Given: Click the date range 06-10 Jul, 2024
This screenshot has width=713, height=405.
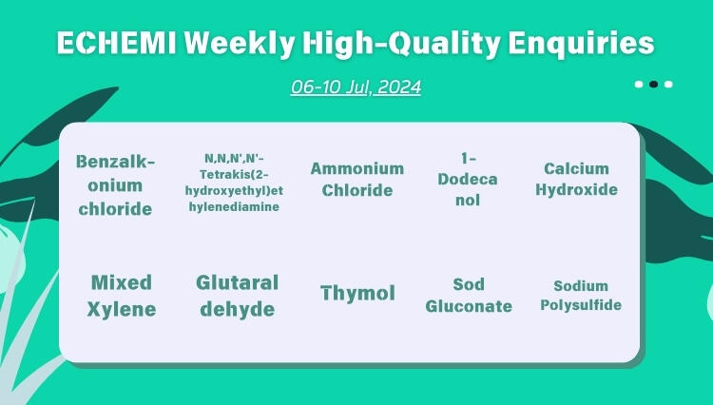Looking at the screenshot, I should pyautogui.click(x=356, y=87).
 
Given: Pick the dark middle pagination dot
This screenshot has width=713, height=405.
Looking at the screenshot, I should pyautogui.click(x=653, y=84).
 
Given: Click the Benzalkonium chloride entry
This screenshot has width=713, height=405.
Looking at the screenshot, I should pyautogui.click(x=114, y=185).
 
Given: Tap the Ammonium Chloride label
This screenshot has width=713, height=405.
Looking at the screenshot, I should pyautogui.click(x=356, y=179).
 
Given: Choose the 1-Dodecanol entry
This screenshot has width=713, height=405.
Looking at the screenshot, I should pyautogui.click(x=467, y=180).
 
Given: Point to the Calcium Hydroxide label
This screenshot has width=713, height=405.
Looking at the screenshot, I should pyautogui.click(x=576, y=179).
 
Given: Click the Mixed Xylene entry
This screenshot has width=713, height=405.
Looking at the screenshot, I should pyautogui.click(x=122, y=296).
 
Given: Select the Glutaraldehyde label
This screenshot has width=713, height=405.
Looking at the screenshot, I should pyautogui.click(x=237, y=296).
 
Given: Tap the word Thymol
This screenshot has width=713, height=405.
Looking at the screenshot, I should pyautogui.click(x=357, y=293).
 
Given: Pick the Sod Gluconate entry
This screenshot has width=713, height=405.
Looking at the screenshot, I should pyautogui.click(x=469, y=296).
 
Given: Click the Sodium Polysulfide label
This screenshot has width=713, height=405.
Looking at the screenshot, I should pyautogui.click(x=581, y=295).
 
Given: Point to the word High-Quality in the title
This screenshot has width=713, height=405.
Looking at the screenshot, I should pyautogui.click(x=394, y=44).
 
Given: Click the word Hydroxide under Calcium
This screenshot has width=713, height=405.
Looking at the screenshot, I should pyautogui.click(x=576, y=189).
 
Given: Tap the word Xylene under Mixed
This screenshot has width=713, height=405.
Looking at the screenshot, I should pyautogui.click(x=122, y=309).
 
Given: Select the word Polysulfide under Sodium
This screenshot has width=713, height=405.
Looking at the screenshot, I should pyautogui.click(x=581, y=305).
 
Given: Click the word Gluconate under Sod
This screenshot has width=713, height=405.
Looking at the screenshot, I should pyautogui.click(x=469, y=306).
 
